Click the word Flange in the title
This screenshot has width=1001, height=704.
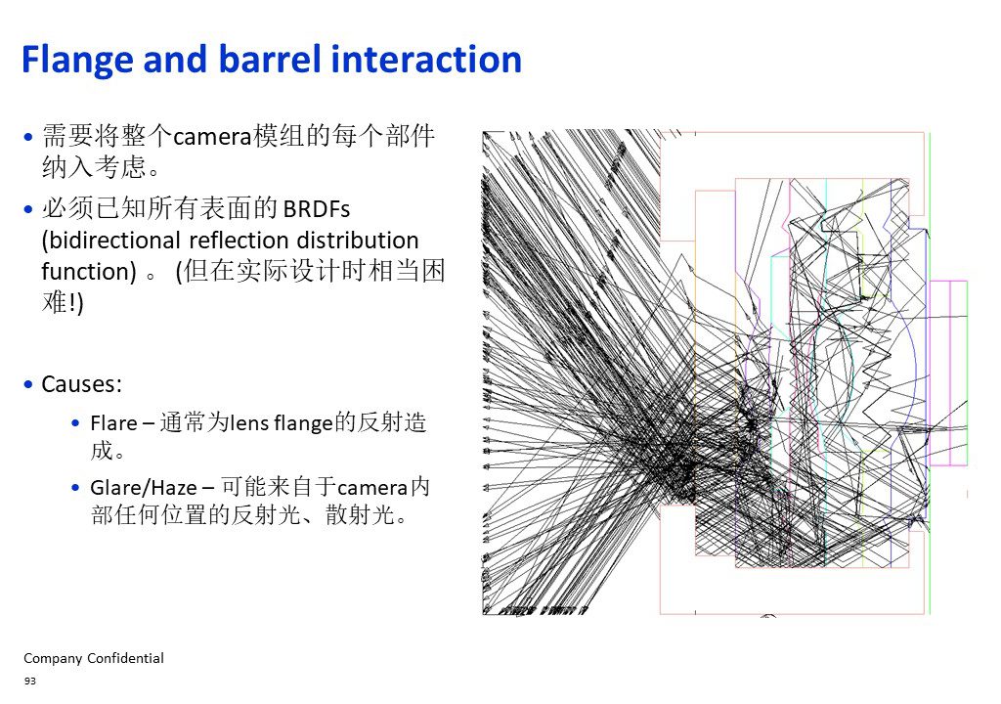pyautogui.click(x=76, y=61)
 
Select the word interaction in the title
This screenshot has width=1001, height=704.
pyautogui.click(x=426, y=60)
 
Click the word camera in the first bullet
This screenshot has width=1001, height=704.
pyautogui.click(x=212, y=137)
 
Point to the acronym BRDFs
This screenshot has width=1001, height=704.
pyautogui.click(x=316, y=209)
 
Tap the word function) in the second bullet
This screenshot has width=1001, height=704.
pyautogui.click(x=89, y=272)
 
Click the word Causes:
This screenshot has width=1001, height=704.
pyautogui.click(x=82, y=384)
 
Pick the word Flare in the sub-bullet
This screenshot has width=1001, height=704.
pyautogui.click(x=113, y=423)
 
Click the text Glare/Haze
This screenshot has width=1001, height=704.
pyautogui.click(x=144, y=488)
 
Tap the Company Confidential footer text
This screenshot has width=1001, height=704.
pyautogui.click(x=94, y=659)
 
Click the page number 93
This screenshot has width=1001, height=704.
pyautogui.click(x=30, y=682)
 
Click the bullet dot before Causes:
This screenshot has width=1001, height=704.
pyautogui.click(x=28, y=384)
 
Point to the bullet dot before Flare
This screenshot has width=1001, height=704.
pyautogui.click(x=76, y=423)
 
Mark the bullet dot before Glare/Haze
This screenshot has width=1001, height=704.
pyautogui.click(x=76, y=488)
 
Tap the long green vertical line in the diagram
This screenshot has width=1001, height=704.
pyautogui.click(x=931, y=374)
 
